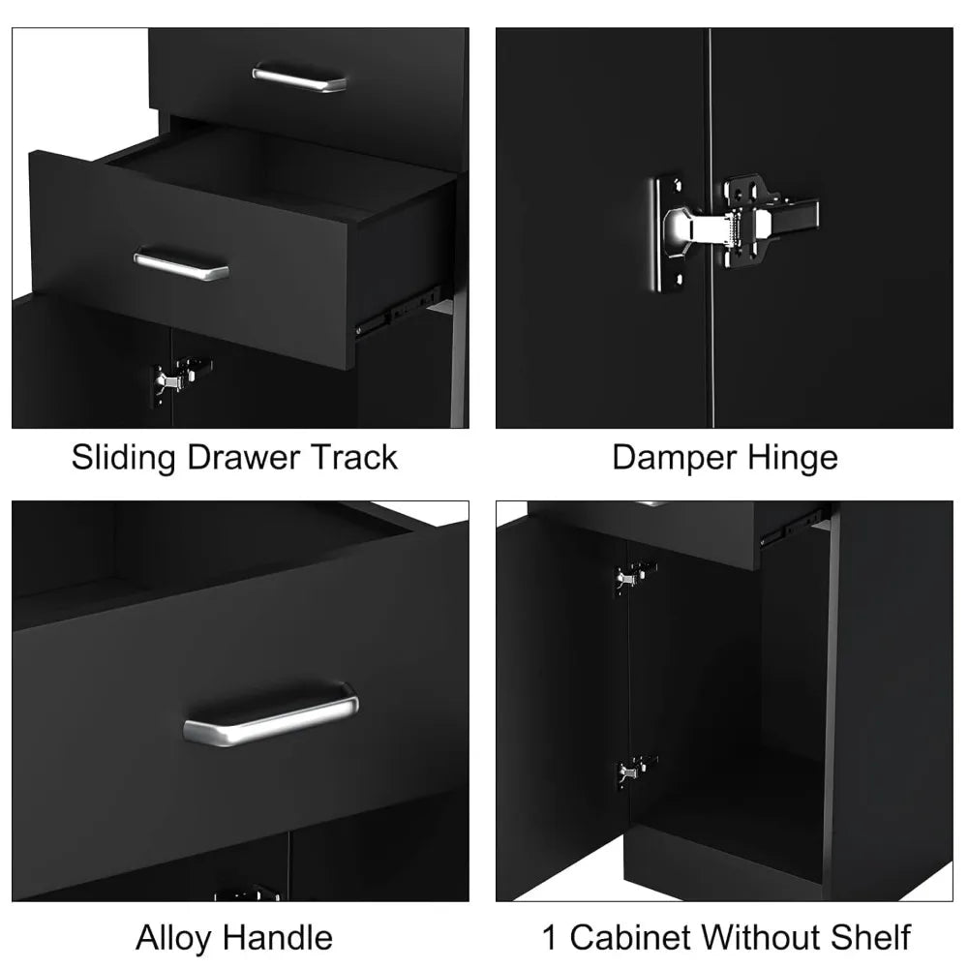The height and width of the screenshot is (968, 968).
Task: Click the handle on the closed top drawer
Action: (x=299, y=77)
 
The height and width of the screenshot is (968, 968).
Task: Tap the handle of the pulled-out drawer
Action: (x=181, y=263)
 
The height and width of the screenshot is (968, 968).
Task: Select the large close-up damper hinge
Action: (x=736, y=226)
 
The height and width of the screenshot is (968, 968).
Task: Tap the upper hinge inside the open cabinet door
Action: (x=632, y=577)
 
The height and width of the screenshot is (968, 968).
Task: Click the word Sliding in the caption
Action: (x=124, y=457)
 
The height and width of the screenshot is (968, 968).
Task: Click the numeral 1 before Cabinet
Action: (x=549, y=937)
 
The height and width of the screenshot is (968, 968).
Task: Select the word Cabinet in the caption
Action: (x=630, y=937)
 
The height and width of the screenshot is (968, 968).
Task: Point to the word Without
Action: (x=765, y=937)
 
